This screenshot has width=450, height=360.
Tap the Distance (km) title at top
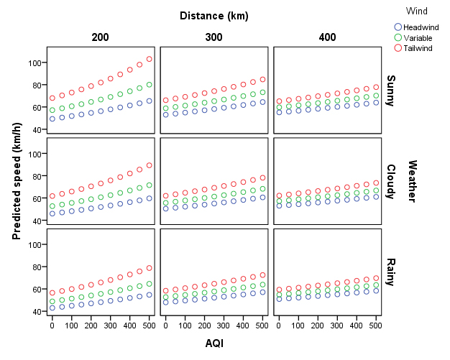click(x=213, y=16)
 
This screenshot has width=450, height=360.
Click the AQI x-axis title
click(x=213, y=343)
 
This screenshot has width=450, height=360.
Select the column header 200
click(x=101, y=37)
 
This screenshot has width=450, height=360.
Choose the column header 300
click(x=214, y=37)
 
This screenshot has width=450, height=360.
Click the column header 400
click(x=327, y=37)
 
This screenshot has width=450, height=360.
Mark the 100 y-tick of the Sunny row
click(x=34, y=63)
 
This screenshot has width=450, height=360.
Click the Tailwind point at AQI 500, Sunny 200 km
click(x=150, y=59)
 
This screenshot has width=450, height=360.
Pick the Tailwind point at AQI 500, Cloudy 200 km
click(x=150, y=165)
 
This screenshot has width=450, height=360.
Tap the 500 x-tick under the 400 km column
click(x=376, y=326)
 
